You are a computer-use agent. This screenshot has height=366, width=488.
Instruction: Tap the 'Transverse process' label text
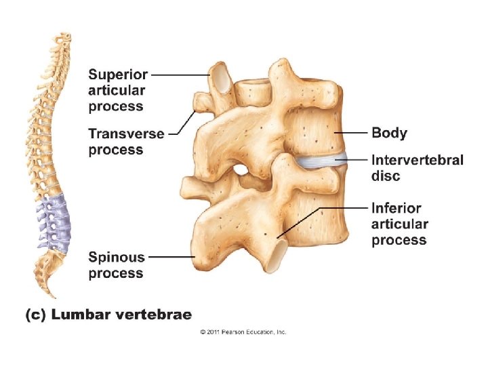tap(126, 142)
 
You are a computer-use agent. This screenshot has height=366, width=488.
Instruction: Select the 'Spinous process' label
tap(116, 265)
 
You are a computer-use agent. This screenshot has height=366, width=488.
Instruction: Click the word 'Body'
tap(389, 133)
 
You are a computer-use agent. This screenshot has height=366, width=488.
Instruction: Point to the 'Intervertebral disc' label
tap(417, 168)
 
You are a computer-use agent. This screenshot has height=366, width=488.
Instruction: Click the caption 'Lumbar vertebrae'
tap(121, 314)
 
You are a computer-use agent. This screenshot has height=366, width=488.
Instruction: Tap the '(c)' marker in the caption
tap(36, 314)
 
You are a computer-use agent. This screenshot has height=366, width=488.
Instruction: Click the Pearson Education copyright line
tap(243, 332)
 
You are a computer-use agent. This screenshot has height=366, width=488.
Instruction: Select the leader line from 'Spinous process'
tap(169, 257)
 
